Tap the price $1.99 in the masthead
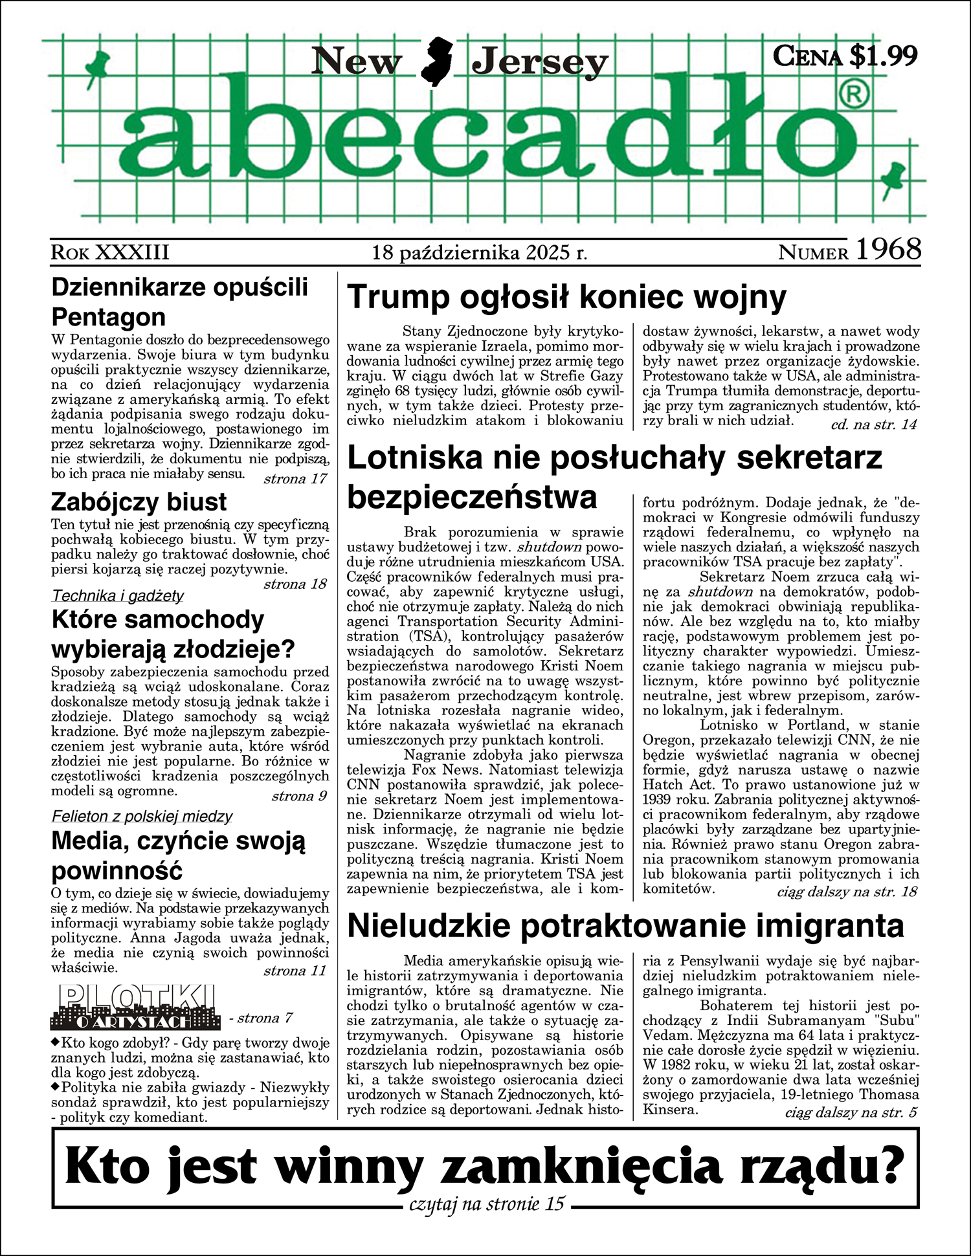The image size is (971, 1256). tap(883, 56)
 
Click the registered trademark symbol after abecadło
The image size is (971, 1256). tap(854, 95)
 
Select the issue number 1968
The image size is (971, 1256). tap(888, 250)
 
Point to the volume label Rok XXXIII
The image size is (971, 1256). tap(110, 252)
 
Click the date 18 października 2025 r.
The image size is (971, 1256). tap(480, 252)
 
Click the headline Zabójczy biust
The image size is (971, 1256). tap(139, 502)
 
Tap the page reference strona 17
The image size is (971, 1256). tap(295, 479)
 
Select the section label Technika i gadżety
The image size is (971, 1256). tap(118, 595)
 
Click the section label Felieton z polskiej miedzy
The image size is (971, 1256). tap(142, 816)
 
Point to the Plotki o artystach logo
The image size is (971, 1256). tap(133, 1008)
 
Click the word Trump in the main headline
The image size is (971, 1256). tap(398, 298)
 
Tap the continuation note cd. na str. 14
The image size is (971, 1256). tap(873, 424)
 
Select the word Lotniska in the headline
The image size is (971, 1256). tap(415, 458)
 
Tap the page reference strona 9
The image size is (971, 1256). tap(299, 796)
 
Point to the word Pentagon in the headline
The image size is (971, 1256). tap(108, 317)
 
